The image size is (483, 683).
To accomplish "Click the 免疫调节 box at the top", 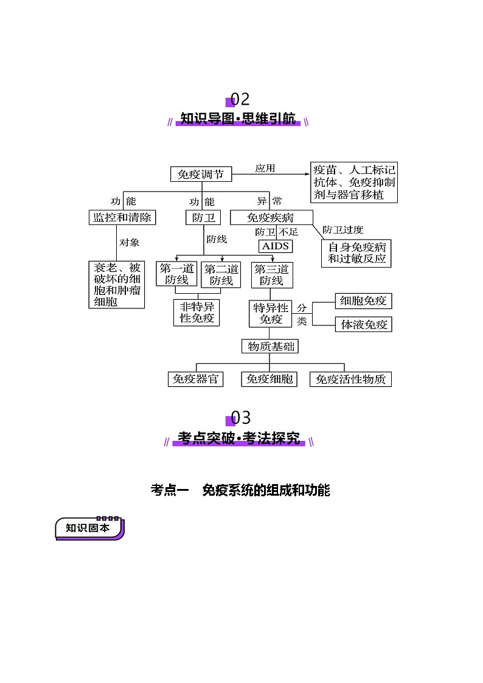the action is click(x=201, y=174).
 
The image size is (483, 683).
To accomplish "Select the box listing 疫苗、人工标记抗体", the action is click(x=353, y=182).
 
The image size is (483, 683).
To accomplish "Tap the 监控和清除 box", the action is click(x=122, y=217).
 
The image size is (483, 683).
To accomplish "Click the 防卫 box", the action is click(x=203, y=217).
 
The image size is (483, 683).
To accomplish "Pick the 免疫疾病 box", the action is click(x=271, y=217).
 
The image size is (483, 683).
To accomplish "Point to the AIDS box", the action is click(x=275, y=246).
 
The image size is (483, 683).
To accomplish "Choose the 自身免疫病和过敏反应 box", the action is click(x=356, y=253).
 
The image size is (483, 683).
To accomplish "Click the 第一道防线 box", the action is click(x=176, y=274).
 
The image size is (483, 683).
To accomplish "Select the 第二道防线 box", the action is click(x=221, y=275).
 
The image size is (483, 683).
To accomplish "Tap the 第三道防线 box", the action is click(x=272, y=275).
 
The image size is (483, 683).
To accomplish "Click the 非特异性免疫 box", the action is click(x=196, y=313).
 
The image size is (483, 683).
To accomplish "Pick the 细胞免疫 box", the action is click(x=363, y=300).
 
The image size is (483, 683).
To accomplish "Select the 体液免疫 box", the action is click(x=363, y=324).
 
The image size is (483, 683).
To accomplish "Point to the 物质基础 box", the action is click(x=270, y=346).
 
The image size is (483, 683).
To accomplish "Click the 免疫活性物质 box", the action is click(x=350, y=379).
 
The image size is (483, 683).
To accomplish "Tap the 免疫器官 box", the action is click(x=195, y=379).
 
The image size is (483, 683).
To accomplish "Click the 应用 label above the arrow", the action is click(x=265, y=168).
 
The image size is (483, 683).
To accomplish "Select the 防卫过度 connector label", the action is click(x=342, y=229).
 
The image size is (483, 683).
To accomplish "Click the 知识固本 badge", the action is click(x=89, y=529).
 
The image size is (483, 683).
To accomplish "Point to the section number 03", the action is click(x=240, y=418).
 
